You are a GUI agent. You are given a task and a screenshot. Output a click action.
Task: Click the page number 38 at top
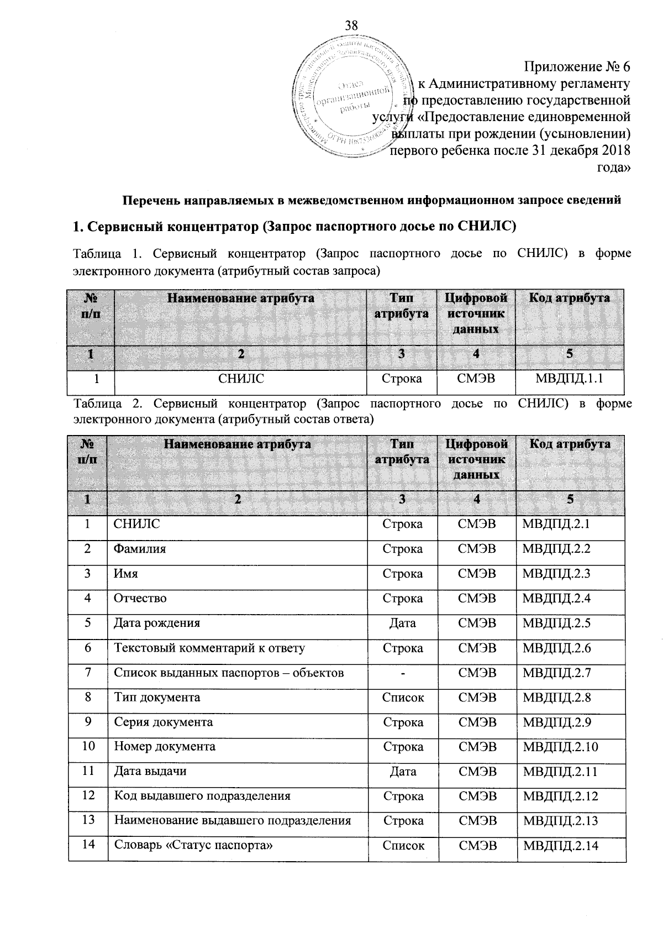[351, 25]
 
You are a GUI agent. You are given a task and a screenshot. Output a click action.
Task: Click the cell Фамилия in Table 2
[140, 549]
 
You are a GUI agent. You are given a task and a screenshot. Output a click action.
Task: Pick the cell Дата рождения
[157, 623]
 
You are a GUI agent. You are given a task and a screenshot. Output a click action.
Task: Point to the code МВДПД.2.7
[557, 673]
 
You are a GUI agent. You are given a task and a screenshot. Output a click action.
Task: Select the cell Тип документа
[157, 698]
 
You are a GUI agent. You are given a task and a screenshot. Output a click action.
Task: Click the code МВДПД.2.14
[561, 845]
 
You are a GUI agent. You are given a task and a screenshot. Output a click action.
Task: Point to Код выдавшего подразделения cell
[202, 796]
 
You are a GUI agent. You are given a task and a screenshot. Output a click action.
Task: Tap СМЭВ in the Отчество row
[477, 598]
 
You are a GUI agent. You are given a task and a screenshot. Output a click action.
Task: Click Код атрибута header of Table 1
[570, 298]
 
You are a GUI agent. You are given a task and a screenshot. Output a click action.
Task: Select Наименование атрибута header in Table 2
[237, 444]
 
